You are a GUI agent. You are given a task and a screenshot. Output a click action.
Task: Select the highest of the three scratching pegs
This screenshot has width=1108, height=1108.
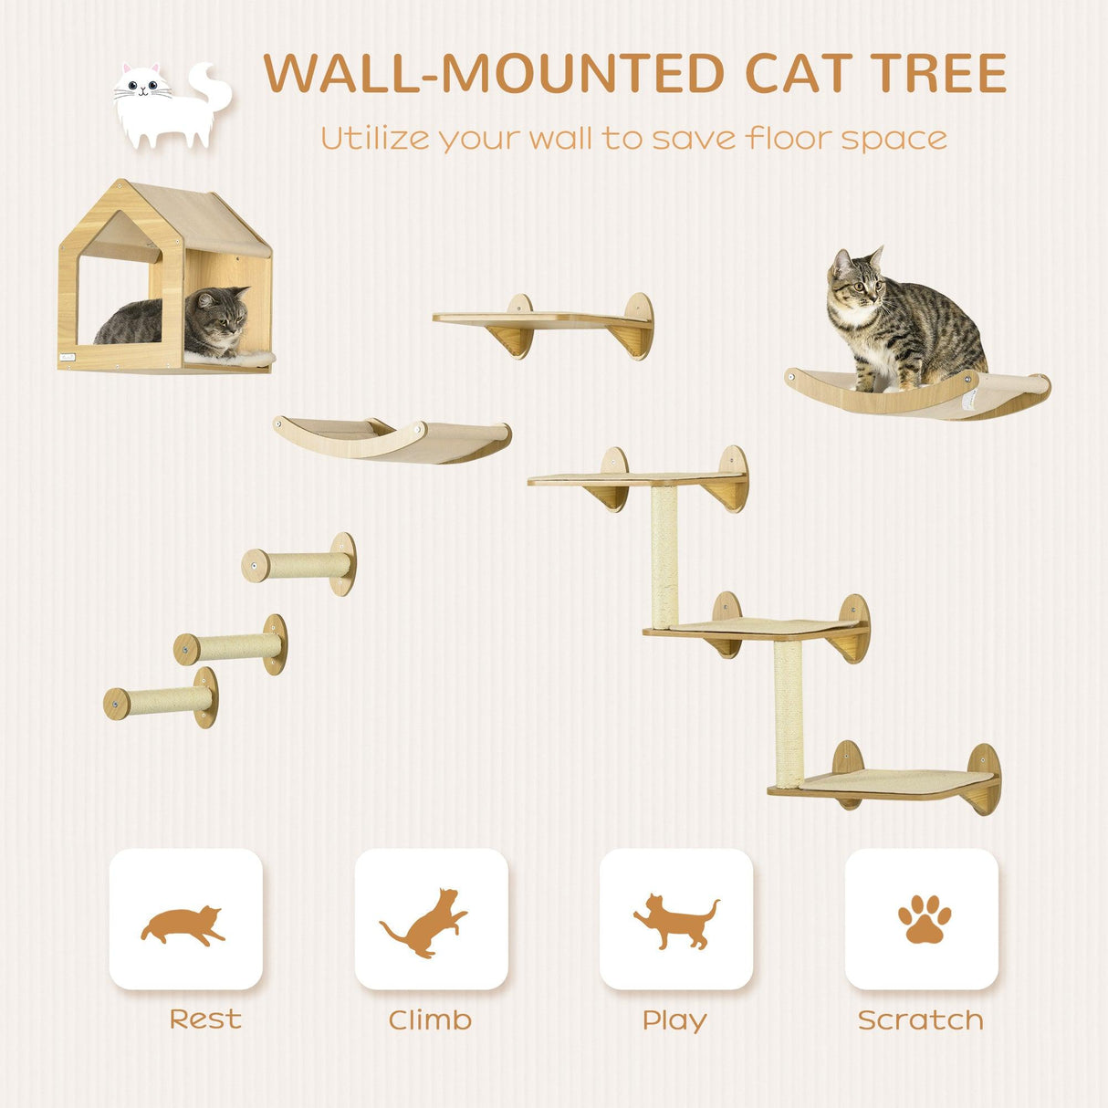[x=301, y=565]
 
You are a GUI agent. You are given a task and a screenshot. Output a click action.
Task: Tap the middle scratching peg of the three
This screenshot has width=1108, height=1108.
[x=233, y=646]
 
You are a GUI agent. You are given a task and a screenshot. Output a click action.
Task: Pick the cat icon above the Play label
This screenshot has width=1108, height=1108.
[x=675, y=921]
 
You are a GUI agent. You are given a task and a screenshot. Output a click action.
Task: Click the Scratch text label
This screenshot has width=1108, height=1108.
[x=920, y=1020]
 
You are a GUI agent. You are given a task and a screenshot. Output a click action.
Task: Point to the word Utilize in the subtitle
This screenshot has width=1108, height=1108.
[x=374, y=139]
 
